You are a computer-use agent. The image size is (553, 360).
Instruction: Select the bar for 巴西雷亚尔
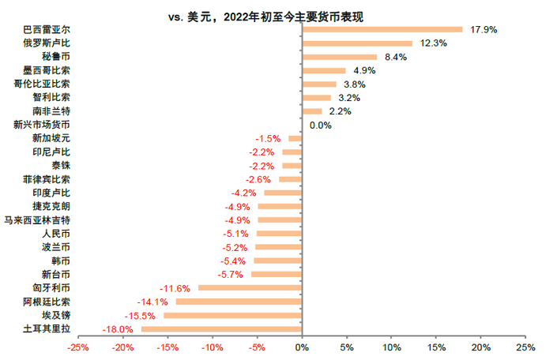[x=382, y=30]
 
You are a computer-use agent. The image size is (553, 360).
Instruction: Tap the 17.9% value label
[x=483, y=30]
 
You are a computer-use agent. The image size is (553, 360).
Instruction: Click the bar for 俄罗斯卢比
[x=357, y=43]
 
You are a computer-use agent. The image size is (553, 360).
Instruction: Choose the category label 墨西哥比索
[x=51, y=70]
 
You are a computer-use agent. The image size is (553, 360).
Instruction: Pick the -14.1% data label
[x=154, y=302]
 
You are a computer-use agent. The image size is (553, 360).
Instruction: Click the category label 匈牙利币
[x=51, y=288]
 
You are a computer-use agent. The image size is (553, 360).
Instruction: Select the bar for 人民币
[x=279, y=234]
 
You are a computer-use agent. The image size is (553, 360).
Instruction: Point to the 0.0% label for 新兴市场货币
[x=320, y=125]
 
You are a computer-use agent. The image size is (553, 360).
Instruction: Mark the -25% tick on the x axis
[x=78, y=347]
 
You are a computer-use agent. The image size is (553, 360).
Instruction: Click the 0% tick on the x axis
[x=301, y=347]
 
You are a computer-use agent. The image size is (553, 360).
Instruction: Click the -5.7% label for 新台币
[x=229, y=275]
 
